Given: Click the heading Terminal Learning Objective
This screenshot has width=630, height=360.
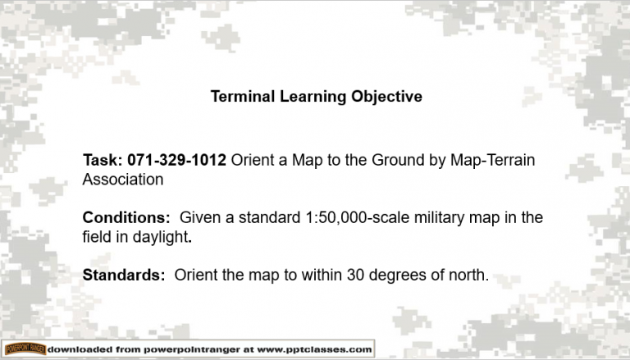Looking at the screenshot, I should (x=316, y=97).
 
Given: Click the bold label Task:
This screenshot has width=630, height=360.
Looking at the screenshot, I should (x=103, y=160).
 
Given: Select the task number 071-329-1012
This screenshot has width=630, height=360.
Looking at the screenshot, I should (x=177, y=160).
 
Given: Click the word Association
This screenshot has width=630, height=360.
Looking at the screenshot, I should (x=122, y=178).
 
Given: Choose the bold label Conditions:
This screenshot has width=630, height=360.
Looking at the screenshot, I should (x=126, y=218).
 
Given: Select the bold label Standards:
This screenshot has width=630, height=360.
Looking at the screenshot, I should (x=124, y=276).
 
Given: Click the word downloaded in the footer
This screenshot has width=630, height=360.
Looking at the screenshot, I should (x=80, y=349).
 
